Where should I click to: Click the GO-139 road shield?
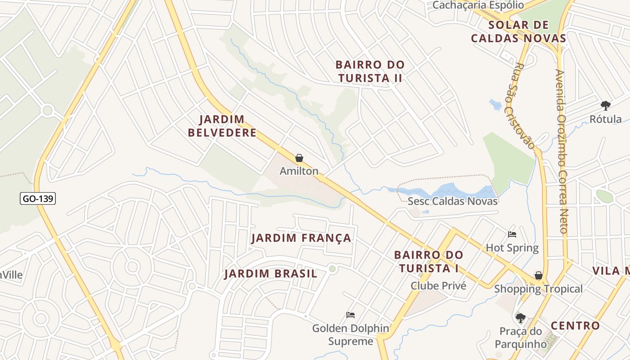coord(38,198)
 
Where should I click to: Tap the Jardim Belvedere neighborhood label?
coord(222,126)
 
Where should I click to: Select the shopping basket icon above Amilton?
coord(299,158)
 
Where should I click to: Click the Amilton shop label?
coord(299,171)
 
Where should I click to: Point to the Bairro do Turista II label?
coord(370,72)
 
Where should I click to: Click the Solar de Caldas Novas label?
coord(518,31)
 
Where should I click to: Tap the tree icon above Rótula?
coord(605,106)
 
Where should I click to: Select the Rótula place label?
coord(606,119)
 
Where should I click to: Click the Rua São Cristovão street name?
coord(524,106)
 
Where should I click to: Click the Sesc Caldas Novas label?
coord(452,201)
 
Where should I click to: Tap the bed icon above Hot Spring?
coord(512,234)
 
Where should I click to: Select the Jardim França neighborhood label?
coord(301,238)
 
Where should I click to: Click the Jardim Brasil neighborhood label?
coord(270,274)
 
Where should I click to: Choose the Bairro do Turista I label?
coord(428,261)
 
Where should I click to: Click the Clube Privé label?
coord(438,286)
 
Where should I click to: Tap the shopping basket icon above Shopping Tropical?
coord(538,275)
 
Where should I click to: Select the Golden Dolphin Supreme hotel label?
coord(351,335)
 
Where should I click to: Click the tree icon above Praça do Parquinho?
coord(521,318)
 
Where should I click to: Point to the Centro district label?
coord(575,325)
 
